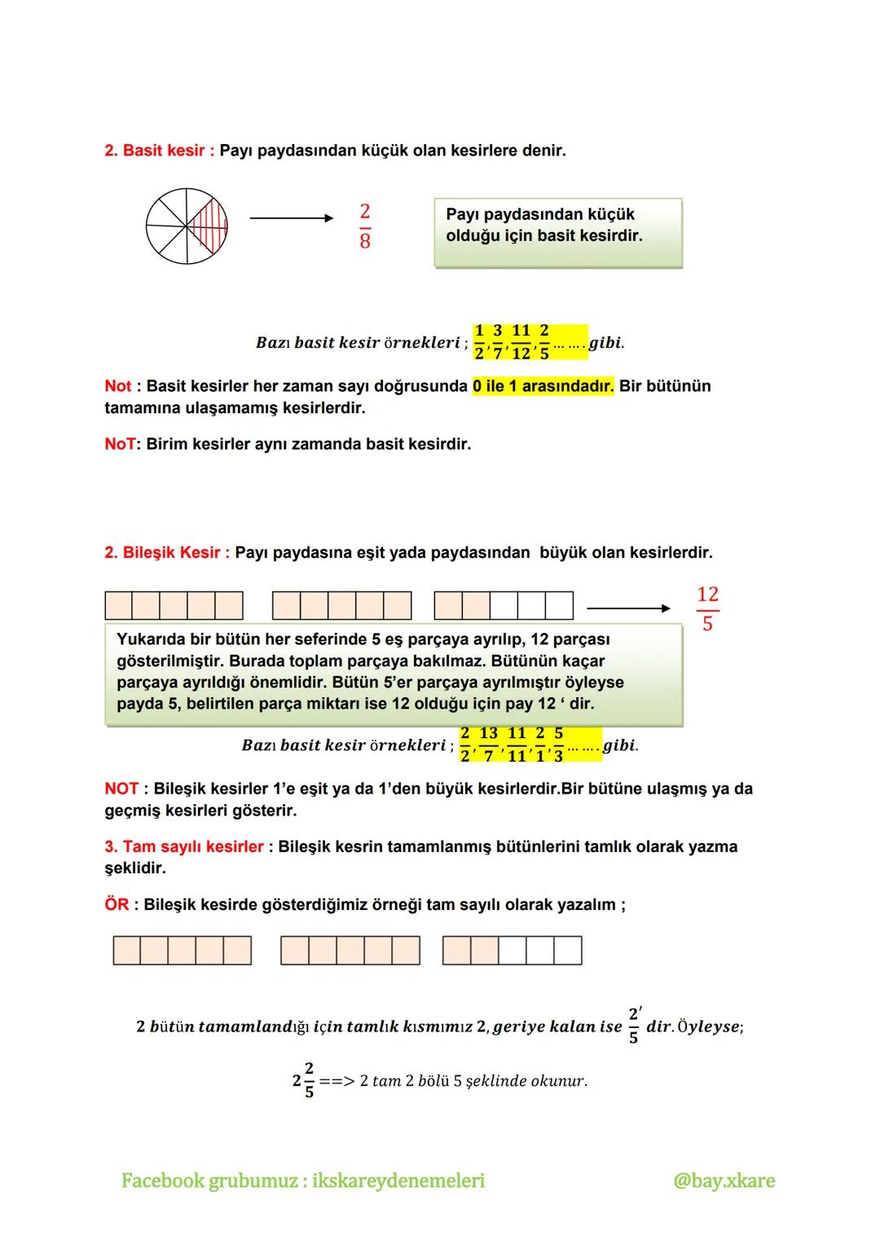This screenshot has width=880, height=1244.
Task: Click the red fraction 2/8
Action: (x=364, y=226)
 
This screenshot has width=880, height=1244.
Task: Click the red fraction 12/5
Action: (x=707, y=609)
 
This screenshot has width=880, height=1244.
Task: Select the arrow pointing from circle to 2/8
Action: (x=291, y=218)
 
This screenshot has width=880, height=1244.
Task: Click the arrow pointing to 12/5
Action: (x=628, y=608)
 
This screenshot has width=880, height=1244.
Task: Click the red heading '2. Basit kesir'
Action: (x=160, y=151)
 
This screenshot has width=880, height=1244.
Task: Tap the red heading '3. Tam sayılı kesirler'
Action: (x=184, y=846)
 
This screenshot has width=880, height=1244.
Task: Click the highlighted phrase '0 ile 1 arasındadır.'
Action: (x=543, y=386)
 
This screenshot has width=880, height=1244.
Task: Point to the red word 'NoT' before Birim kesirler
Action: (x=119, y=445)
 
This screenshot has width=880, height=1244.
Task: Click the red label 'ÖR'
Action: (x=117, y=905)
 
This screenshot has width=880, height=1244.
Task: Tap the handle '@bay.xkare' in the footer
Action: (x=724, y=1180)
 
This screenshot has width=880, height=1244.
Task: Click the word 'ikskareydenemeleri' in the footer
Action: (x=398, y=1180)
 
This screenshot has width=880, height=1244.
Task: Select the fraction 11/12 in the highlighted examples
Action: (x=521, y=342)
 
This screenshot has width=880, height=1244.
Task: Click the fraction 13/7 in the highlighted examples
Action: (x=488, y=745)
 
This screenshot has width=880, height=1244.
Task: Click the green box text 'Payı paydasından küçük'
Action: (x=540, y=214)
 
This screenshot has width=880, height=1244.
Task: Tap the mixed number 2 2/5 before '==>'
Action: (x=303, y=1080)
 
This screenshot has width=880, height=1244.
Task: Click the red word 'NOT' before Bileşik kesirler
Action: (x=121, y=789)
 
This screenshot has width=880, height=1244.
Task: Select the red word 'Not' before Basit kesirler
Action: (x=117, y=386)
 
